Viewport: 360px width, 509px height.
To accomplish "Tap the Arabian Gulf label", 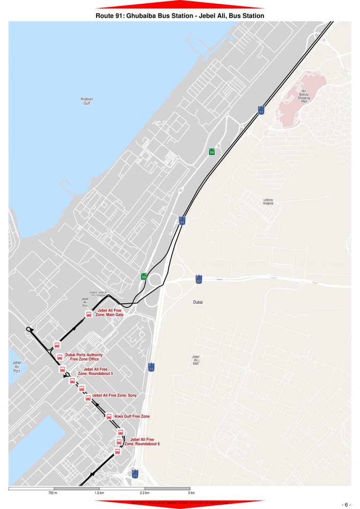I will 87,101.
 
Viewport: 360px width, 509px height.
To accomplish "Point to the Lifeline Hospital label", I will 268,202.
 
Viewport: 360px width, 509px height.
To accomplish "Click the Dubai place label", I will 198,302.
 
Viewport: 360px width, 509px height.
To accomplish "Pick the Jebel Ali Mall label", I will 196,359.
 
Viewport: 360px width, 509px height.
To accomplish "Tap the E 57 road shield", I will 199,279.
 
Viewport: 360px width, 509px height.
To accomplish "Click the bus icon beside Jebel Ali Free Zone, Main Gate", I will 89,314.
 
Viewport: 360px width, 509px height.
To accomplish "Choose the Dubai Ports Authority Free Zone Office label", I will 84,357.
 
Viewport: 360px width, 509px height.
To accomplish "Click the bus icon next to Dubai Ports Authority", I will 60,357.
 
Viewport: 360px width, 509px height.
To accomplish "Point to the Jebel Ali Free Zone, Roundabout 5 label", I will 95,372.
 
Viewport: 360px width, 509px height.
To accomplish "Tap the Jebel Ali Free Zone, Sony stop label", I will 114,396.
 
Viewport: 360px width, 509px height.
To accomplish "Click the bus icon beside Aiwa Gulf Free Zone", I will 109,416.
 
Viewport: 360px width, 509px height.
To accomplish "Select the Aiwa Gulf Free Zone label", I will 132,416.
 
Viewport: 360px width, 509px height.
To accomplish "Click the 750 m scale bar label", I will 52,494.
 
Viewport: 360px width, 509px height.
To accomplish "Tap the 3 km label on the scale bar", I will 191,494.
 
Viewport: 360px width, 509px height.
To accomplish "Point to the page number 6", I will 347,504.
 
